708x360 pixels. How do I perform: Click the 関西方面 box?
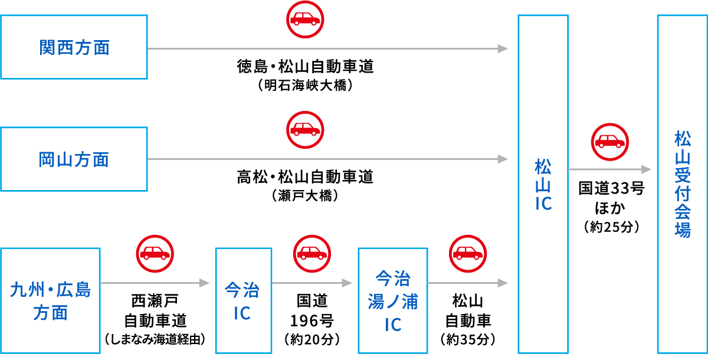pos(74,47)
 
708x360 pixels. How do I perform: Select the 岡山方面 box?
pos(74,159)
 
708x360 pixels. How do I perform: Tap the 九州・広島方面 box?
pos(51,301)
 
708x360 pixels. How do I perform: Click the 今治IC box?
pos(243,301)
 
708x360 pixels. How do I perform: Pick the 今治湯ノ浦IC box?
pos(392,301)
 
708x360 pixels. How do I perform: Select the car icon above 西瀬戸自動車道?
pos(155,253)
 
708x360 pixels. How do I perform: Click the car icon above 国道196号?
pos(312,253)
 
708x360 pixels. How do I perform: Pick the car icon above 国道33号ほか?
pos(609,142)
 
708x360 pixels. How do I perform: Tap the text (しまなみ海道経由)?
pos(155,339)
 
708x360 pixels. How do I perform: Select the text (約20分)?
pos(312,339)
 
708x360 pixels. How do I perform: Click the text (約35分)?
pos(468,339)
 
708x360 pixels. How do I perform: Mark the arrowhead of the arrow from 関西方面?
pos(503,48)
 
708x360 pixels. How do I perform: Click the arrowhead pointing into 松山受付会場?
pos(647,169)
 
